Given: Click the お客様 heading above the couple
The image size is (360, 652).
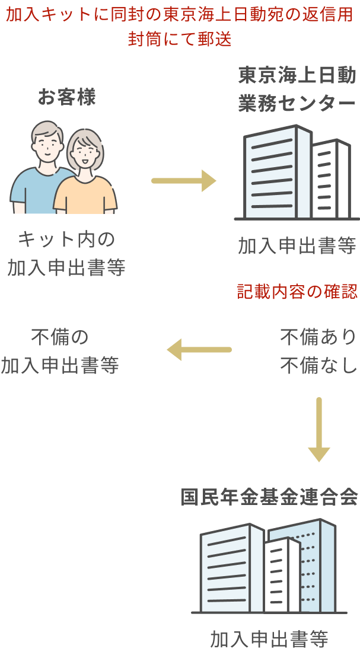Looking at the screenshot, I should pos(66,97).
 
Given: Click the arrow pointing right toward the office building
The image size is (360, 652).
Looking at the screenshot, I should pos(184,181).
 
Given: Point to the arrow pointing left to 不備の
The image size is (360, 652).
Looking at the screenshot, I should pos(199,350).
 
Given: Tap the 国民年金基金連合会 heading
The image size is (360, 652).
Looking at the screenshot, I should pos(269,497).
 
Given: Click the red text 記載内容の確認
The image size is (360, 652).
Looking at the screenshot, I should pos(297,292).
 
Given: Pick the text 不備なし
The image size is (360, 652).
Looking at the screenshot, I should pos(318,366).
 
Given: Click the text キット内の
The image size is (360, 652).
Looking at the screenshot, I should pos(66,239).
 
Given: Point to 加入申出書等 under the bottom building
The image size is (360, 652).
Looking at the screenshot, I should pos(269,639).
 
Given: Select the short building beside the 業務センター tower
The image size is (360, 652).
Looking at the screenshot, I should pos(332,181).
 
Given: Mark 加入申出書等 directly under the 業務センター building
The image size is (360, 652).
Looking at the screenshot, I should pos(297,245).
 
